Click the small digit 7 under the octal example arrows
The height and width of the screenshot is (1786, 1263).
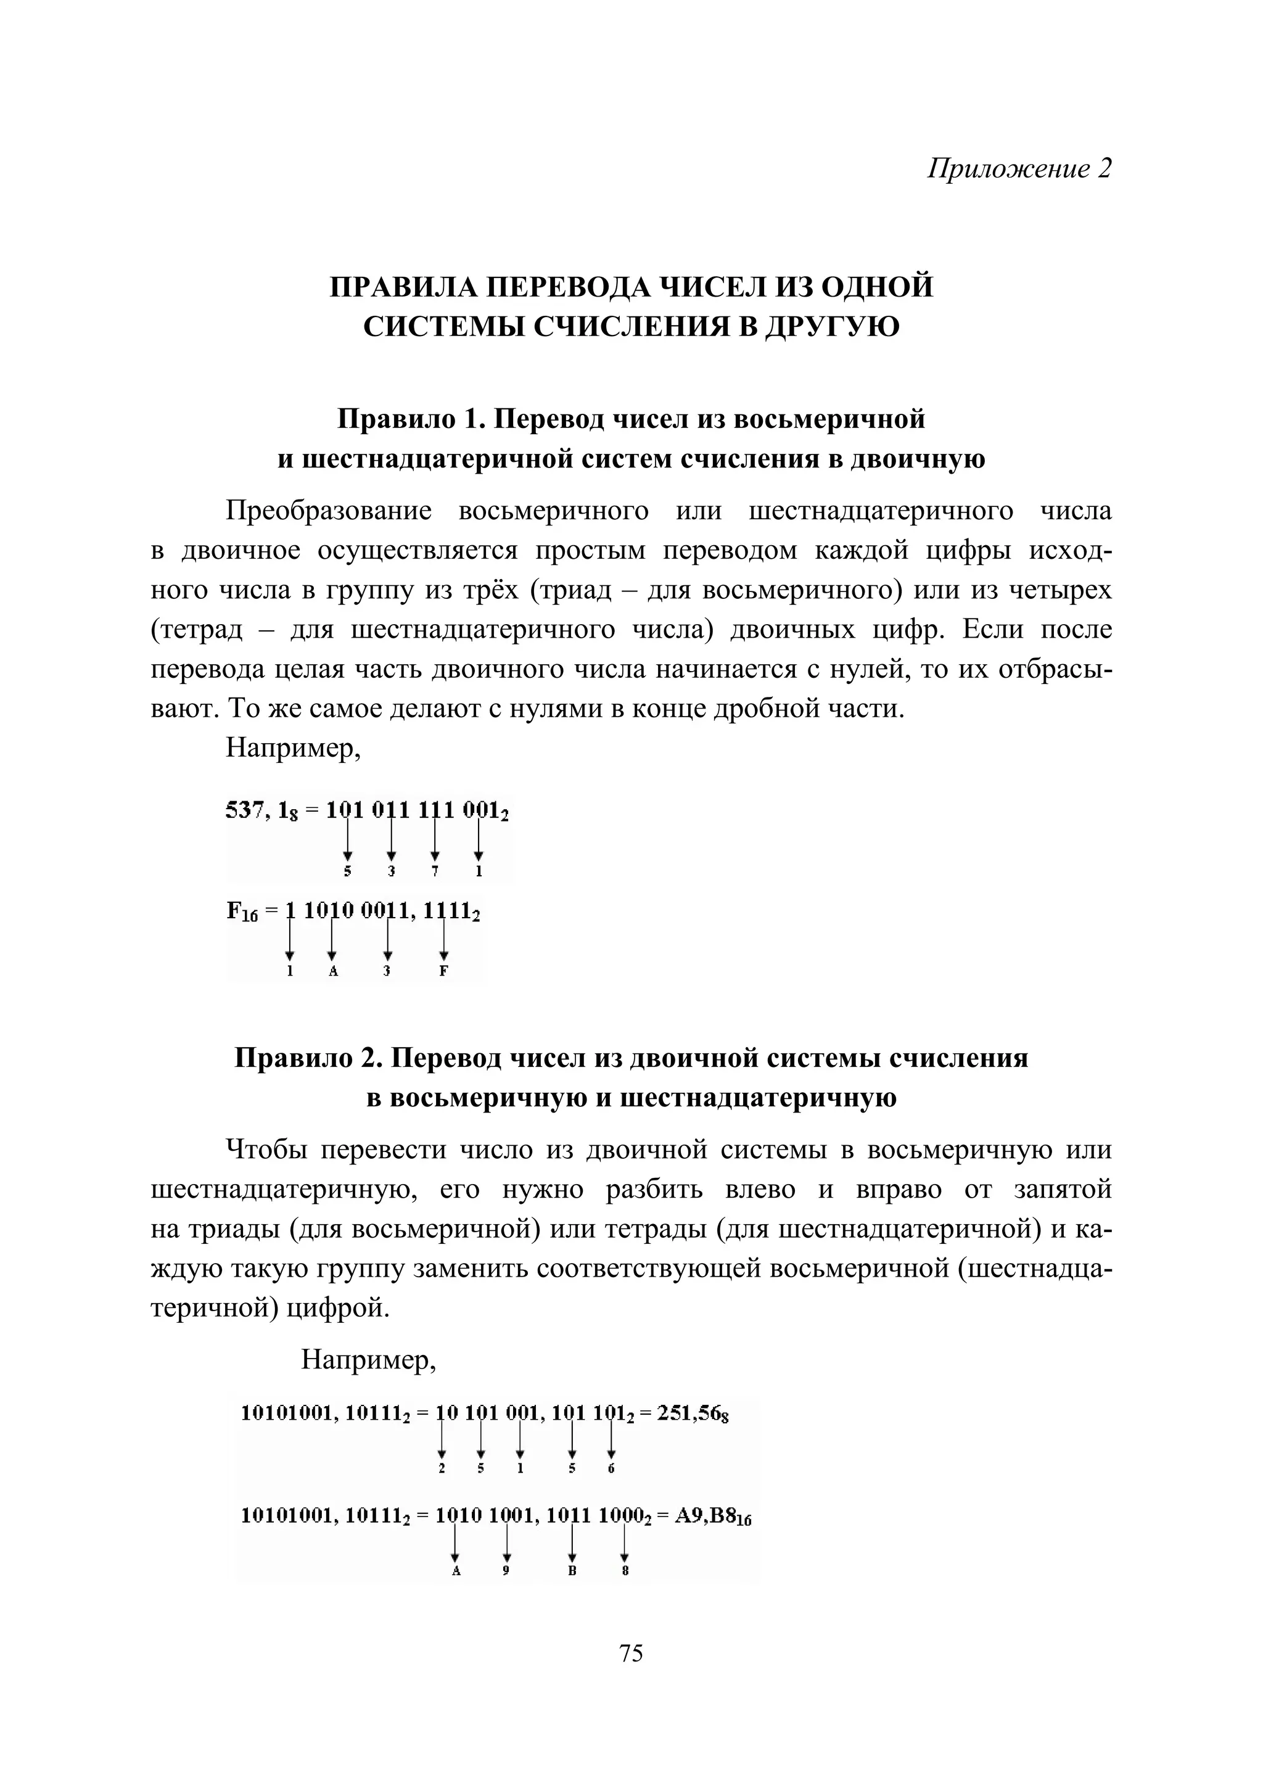pyautogui.click(x=435, y=872)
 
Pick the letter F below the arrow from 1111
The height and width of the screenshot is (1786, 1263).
pyautogui.click(x=443, y=971)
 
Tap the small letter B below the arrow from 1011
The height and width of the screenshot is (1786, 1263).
pyautogui.click(x=572, y=1571)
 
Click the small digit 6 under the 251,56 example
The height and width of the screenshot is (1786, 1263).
pyautogui.click(x=611, y=1468)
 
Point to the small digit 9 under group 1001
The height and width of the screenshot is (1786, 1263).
pyautogui.click(x=506, y=1571)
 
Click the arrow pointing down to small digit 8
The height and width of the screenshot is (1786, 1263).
pyautogui.click(x=623, y=1542)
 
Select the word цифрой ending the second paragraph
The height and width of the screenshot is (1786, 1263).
pyautogui.click(x=339, y=1309)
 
